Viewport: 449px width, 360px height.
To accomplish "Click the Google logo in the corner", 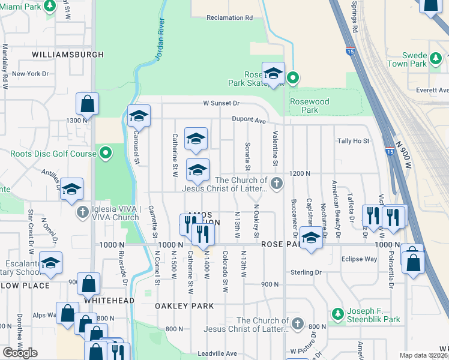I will click(20, 353).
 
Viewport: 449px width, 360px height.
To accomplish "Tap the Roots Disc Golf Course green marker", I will click(106, 154).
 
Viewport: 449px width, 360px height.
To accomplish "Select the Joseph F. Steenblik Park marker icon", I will click(338, 314).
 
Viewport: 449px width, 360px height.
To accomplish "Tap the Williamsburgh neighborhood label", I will click(68, 55).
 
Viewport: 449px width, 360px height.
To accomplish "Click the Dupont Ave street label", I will click(249, 120).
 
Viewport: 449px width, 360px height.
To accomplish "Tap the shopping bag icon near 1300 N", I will click(87, 103).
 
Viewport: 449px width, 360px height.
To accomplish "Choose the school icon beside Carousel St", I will click(138, 115).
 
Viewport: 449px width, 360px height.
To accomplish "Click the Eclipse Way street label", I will click(359, 259).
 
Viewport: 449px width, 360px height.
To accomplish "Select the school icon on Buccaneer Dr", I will click(310, 239).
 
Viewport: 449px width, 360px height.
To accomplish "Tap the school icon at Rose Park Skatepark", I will click(273, 73).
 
